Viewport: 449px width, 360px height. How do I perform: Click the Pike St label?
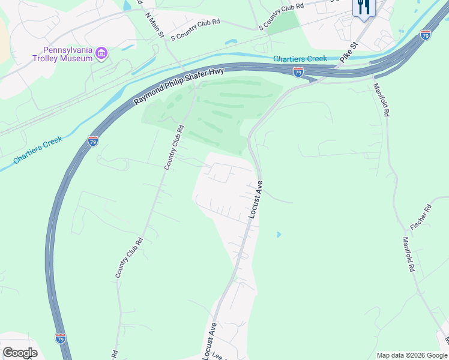coord(348,53)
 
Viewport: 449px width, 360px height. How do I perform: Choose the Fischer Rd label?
coord(421,218)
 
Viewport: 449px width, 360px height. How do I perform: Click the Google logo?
coord(20,353)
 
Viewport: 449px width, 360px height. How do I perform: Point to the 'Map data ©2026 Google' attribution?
coord(412,355)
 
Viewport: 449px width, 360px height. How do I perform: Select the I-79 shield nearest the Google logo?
coord(61,338)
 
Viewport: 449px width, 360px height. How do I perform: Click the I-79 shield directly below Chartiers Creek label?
coord(298,72)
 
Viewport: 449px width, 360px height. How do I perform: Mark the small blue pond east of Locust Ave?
coord(278,234)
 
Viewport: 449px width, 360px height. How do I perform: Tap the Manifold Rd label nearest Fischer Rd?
coord(409,254)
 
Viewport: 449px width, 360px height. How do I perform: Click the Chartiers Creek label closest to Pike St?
coord(300,59)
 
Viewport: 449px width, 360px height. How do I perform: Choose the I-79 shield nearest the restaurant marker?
coord(425,34)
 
